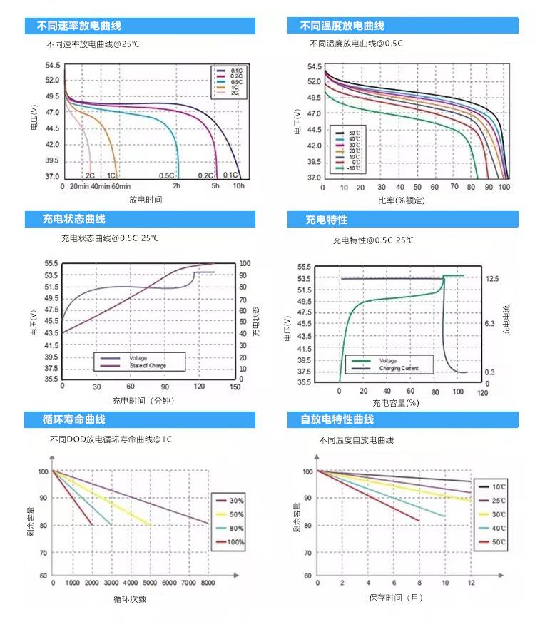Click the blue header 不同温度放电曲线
click(342, 26)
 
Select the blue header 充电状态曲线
click(74, 219)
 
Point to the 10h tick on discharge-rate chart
click(238, 186)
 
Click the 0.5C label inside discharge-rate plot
click(167, 175)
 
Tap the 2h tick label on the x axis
click(177, 186)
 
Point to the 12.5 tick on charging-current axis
click(491, 278)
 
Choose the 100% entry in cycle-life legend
click(236, 542)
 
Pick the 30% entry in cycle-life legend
click(236, 500)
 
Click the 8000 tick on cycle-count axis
click(207, 583)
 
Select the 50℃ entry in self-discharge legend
click(498, 542)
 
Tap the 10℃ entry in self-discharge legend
click(498, 486)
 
